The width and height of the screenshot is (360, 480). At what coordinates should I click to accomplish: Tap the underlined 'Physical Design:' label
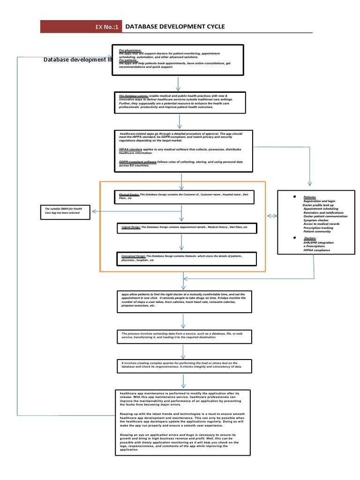click(129, 194)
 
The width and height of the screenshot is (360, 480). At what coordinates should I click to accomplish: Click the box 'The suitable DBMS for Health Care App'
click(65, 211)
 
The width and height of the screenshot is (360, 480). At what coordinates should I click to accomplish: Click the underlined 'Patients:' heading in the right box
click(310, 197)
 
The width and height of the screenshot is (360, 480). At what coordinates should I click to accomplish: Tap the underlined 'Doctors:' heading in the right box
click(310, 238)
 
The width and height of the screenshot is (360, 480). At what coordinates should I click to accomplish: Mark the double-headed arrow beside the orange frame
click(272, 216)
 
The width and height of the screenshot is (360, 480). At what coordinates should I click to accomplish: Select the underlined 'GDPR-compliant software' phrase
click(138, 161)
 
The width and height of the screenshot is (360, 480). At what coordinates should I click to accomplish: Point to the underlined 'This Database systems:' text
click(134, 96)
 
